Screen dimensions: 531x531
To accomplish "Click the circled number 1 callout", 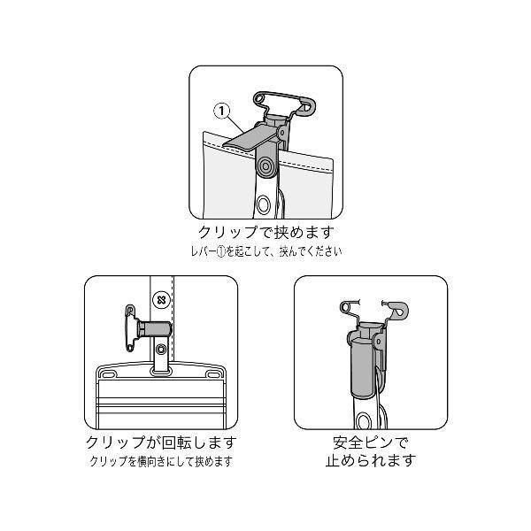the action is point(222,112).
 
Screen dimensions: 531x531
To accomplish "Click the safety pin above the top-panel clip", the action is point(285,103).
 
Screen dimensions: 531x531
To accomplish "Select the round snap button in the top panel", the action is point(265,166).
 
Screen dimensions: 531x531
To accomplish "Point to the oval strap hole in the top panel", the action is point(263,204).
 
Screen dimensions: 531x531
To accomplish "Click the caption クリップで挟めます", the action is point(265,232).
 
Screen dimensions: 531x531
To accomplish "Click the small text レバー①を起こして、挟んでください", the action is point(266,251).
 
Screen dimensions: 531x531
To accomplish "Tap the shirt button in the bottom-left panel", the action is point(161,299).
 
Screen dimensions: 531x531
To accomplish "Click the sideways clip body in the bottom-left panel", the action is point(153,329).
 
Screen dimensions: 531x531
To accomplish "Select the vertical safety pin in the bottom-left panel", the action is point(130,328).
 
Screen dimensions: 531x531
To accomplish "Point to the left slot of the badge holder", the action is point(107,375).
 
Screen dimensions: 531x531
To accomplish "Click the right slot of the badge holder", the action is point(213,375).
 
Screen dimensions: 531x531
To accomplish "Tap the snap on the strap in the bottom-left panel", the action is point(161,350).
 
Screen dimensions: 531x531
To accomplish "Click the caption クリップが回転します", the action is point(161,443).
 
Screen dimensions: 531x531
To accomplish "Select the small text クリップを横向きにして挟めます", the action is point(161,462).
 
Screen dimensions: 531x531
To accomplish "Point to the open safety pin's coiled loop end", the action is point(346,306).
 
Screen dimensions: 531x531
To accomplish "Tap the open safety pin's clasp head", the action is point(400,311).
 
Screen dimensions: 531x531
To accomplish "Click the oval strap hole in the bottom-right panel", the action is point(364,420).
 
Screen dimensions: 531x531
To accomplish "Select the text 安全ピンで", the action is point(371,442).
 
